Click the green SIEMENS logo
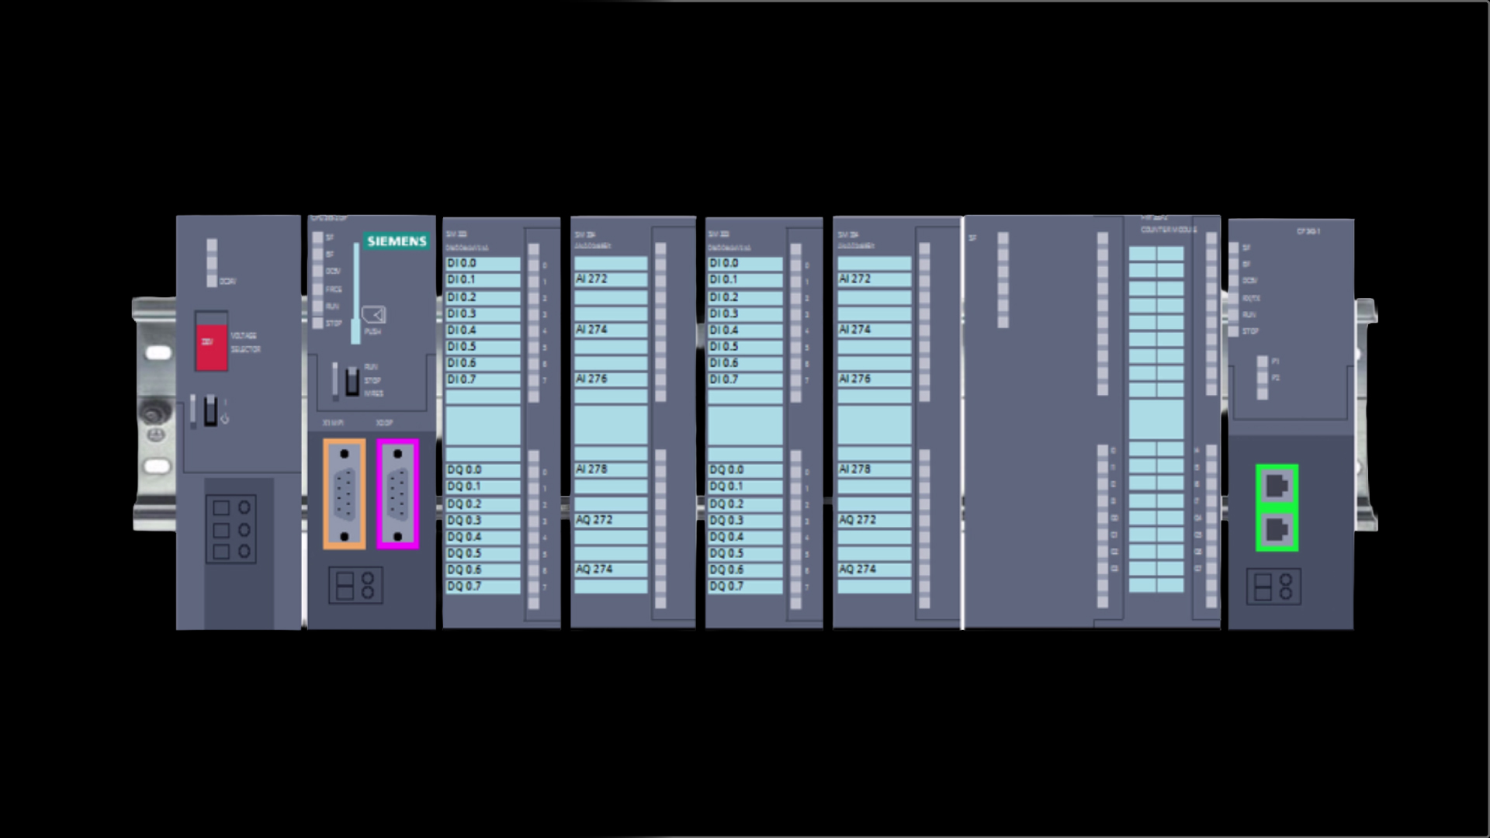click(x=397, y=241)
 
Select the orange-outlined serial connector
click(x=344, y=494)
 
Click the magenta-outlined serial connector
click(x=398, y=494)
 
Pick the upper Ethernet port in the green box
click(x=1277, y=487)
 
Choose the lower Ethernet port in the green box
click(x=1277, y=530)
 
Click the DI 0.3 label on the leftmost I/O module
click(x=462, y=313)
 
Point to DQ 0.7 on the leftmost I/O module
click(x=464, y=587)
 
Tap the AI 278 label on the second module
click(x=591, y=469)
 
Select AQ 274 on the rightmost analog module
click(x=858, y=570)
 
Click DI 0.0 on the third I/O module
click(x=724, y=263)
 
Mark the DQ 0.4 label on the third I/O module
click(x=726, y=537)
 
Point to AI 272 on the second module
click(x=591, y=279)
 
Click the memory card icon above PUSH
click(x=374, y=314)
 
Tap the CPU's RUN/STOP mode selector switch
click(x=352, y=381)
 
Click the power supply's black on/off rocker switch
click(x=210, y=410)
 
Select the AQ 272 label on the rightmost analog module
click(x=858, y=520)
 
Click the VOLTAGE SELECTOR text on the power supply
click(x=245, y=342)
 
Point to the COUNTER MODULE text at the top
click(x=1169, y=230)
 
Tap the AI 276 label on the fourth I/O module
click(x=854, y=379)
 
